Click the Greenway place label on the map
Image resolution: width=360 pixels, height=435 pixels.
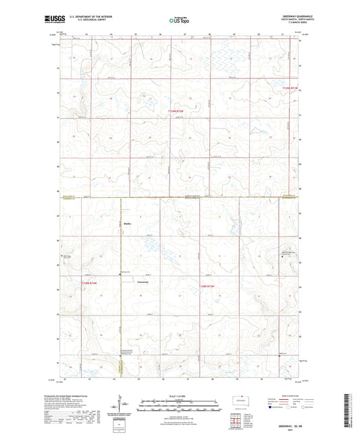tap(143, 282)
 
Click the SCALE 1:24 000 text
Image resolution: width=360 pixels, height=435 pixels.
tap(180, 395)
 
